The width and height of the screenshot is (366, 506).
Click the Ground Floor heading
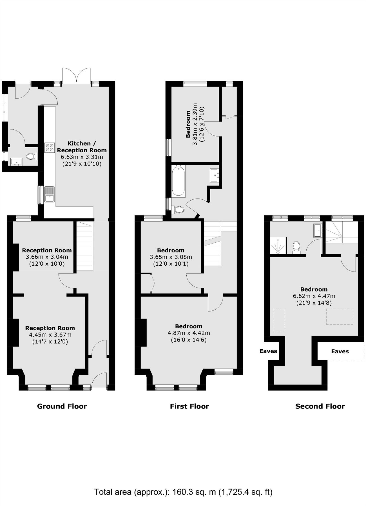(x=62, y=406)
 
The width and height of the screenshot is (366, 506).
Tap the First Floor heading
(x=189, y=406)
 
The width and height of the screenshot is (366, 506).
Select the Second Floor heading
(x=320, y=406)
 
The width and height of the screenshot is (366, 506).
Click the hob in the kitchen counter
(x=50, y=148)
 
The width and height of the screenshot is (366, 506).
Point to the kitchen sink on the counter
(x=49, y=194)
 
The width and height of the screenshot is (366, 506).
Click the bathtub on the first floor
(x=178, y=180)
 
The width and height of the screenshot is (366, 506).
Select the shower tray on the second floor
(x=278, y=245)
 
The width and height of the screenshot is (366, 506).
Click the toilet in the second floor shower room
(x=296, y=246)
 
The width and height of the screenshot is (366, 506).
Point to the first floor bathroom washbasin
(x=214, y=175)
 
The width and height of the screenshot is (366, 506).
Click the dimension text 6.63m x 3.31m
(x=82, y=157)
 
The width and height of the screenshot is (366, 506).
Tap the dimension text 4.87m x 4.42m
(x=189, y=333)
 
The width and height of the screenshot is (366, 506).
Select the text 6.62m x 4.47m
(x=314, y=296)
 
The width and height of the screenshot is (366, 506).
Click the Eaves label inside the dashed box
(x=340, y=351)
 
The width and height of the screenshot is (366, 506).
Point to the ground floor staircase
(x=84, y=246)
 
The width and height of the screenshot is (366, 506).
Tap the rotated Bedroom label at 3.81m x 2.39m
(x=188, y=124)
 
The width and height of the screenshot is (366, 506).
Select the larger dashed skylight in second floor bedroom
(x=340, y=317)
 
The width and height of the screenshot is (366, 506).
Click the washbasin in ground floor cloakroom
(x=16, y=162)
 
